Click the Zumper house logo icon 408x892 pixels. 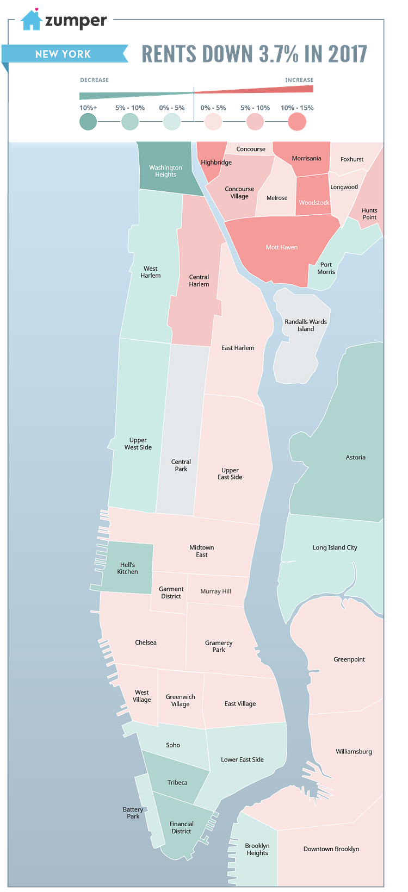pyautogui.click(x=31, y=20)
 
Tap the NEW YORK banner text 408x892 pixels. pyautogui.click(x=63, y=54)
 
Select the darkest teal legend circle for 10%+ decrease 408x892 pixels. pyautogui.click(x=88, y=121)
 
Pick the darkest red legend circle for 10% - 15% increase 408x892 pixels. pyautogui.click(x=297, y=121)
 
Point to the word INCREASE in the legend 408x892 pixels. pyautogui.click(x=299, y=80)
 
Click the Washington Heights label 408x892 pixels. pyautogui.click(x=165, y=171)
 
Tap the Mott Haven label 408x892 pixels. pyautogui.click(x=282, y=247)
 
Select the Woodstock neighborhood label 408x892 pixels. pyautogui.click(x=314, y=203)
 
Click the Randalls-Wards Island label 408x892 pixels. pyautogui.click(x=306, y=325)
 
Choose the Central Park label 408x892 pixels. pyautogui.click(x=181, y=465)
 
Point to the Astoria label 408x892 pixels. pyautogui.click(x=356, y=458)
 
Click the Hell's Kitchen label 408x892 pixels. pyautogui.click(x=128, y=568)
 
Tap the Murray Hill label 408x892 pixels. pyautogui.click(x=216, y=591)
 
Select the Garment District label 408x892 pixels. pyautogui.click(x=171, y=592)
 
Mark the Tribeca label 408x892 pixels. pyautogui.click(x=177, y=783)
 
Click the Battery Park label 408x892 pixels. pyautogui.click(x=133, y=813)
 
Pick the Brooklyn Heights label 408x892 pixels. pyautogui.click(x=257, y=849)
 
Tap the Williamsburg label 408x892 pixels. pyautogui.click(x=354, y=752)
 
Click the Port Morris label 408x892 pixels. pyautogui.click(x=326, y=269)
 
